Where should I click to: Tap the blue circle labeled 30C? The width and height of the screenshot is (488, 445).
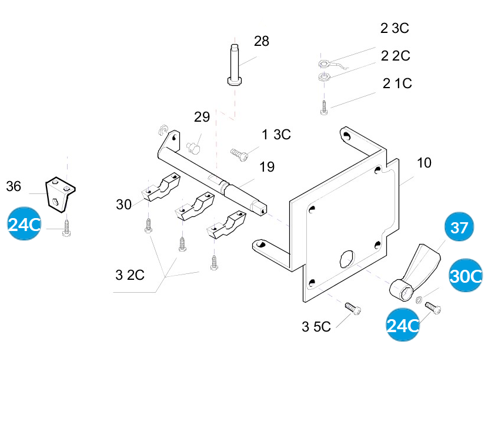[466, 276]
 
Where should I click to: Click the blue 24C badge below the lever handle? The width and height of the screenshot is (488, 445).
[403, 325]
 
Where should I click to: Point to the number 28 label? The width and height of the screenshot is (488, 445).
[262, 41]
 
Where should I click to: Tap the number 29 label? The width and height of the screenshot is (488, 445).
[202, 117]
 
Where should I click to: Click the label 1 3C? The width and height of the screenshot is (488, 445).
[276, 135]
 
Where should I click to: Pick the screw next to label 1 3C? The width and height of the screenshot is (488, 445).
[239, 153]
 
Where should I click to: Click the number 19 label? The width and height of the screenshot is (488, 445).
[266, 167]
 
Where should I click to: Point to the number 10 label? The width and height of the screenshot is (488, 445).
[424, 163]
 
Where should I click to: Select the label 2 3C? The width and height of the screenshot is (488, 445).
[394, 28]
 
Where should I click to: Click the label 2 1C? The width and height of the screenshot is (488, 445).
[397, 83]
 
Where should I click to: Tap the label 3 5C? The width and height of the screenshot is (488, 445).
[316, 327]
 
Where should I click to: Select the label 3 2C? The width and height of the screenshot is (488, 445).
[130, 275]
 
